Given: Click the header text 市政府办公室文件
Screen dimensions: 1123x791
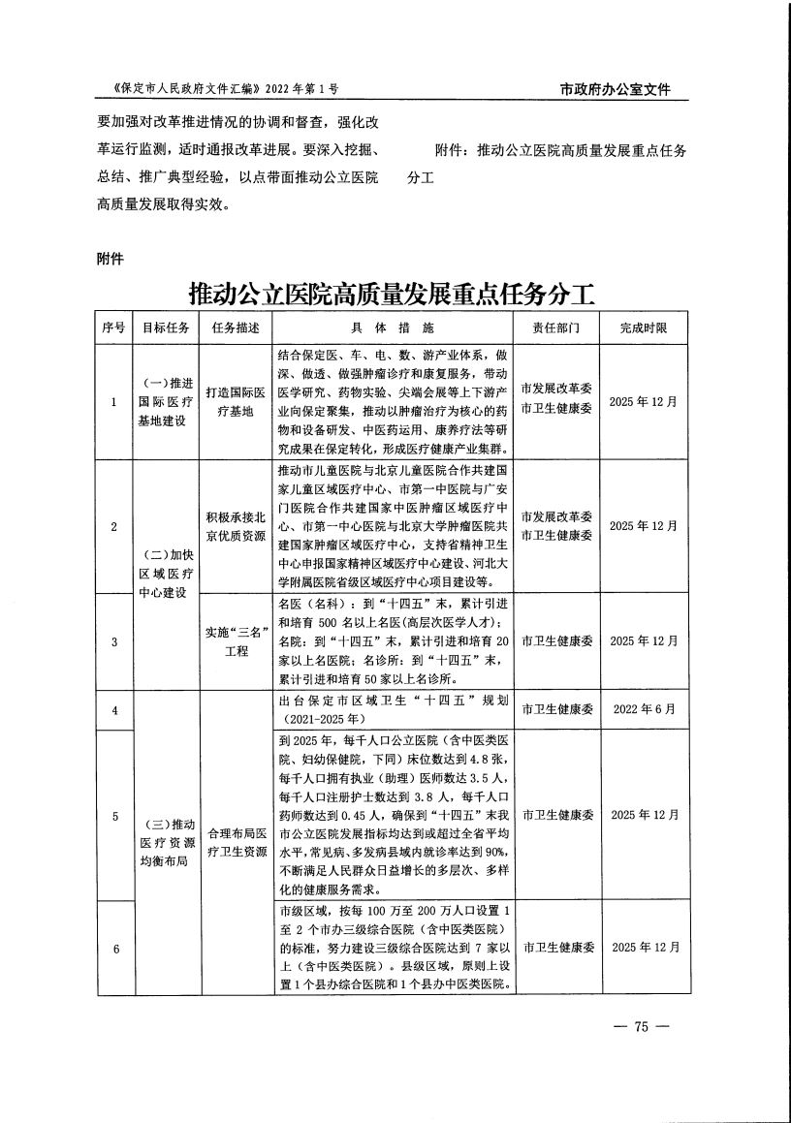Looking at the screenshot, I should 617,90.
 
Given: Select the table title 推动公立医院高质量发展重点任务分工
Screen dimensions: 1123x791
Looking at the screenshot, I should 391,293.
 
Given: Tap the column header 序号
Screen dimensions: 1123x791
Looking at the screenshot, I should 114,327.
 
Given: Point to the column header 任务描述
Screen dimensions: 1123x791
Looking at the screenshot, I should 236,327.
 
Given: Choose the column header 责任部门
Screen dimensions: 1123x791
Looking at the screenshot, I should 555,327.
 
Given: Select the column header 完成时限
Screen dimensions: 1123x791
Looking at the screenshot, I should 644,327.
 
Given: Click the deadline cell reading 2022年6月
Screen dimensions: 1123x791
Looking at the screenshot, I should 644,710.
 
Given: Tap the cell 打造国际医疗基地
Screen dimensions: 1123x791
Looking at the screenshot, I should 236,401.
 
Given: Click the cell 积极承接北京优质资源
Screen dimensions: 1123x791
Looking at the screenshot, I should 236,526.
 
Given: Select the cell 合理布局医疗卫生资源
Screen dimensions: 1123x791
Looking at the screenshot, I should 236,842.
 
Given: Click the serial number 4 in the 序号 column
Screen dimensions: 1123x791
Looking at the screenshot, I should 114,710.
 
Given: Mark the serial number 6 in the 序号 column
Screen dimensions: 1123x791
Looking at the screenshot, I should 114,948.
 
